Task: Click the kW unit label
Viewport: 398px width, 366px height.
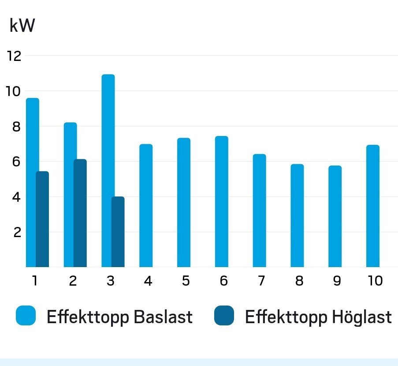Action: (x=22, y=26)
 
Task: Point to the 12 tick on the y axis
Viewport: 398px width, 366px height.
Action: (x=14, y=56)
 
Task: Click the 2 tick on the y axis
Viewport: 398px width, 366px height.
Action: (x=17, y=232)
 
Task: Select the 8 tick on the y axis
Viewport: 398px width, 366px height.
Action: (x=17, y=127)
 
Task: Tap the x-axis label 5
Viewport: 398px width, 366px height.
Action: (x=186, y=281)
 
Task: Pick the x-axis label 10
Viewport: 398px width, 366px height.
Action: (x=375, y=281)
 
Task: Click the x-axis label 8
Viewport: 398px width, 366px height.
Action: (x=299, y=281)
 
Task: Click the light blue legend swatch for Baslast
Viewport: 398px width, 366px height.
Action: (x=26, y=316)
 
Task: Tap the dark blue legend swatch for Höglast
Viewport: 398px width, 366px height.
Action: (x=224, y=316)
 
